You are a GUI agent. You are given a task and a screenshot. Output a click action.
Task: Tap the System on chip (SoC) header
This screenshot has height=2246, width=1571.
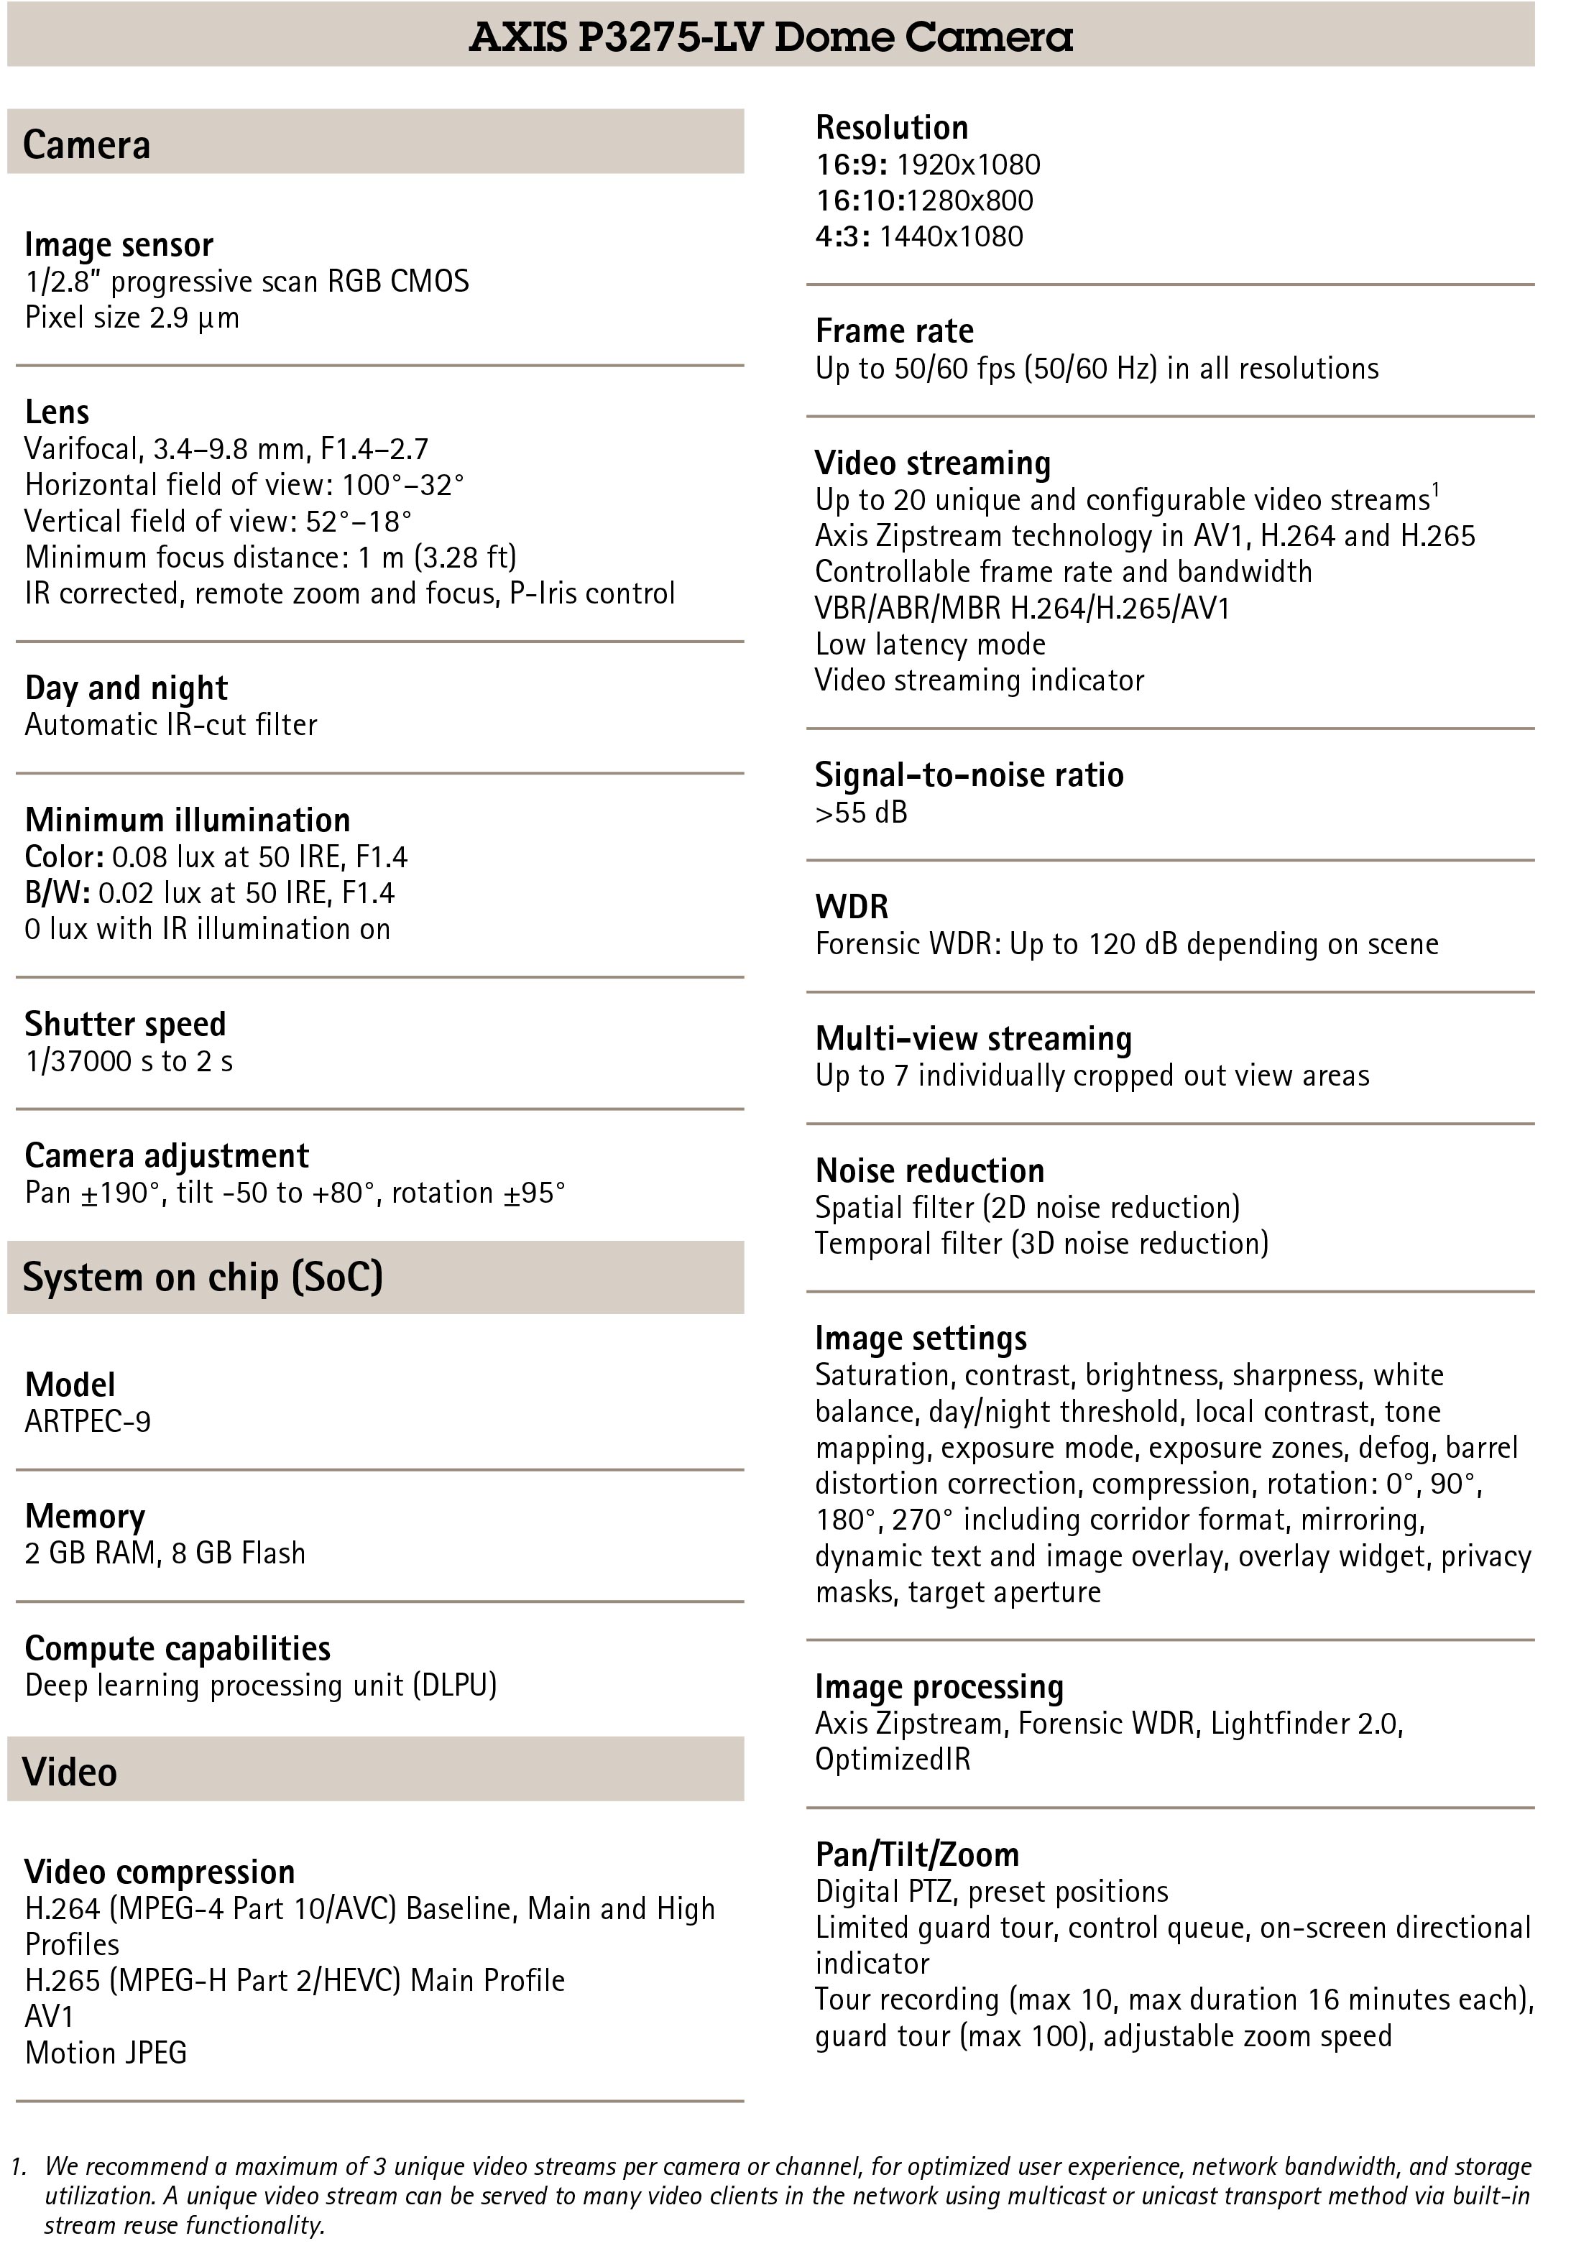203,1277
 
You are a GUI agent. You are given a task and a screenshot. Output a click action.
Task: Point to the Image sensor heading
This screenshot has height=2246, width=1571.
119,244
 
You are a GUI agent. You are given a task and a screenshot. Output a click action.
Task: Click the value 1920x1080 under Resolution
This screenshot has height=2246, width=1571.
967,165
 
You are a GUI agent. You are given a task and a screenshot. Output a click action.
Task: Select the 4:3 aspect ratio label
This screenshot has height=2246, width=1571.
842,236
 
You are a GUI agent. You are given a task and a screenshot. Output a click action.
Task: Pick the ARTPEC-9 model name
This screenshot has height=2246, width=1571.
88,1420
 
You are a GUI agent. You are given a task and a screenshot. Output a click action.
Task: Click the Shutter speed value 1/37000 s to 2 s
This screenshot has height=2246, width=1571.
129,1060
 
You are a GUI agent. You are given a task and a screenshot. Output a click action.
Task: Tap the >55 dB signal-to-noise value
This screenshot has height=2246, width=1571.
861,812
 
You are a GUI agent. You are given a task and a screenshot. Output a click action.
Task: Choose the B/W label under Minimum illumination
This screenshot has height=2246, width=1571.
57,892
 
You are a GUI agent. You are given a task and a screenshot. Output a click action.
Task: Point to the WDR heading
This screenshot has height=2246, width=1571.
851,907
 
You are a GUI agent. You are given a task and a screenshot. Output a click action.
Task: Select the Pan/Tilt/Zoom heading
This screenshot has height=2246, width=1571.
916,1854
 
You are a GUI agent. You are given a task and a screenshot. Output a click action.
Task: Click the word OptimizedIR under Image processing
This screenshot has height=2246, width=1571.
892,1758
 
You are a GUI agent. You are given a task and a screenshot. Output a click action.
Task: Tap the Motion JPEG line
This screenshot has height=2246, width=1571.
106,2052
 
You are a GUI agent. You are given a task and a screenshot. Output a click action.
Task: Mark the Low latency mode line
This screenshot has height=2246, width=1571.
929,644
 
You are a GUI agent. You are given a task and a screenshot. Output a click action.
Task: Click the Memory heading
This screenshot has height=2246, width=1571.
84,1515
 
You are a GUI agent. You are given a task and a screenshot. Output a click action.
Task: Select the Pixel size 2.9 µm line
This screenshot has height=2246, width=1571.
132,317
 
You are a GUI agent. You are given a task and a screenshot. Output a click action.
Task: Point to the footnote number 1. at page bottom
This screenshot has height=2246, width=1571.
19,2167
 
